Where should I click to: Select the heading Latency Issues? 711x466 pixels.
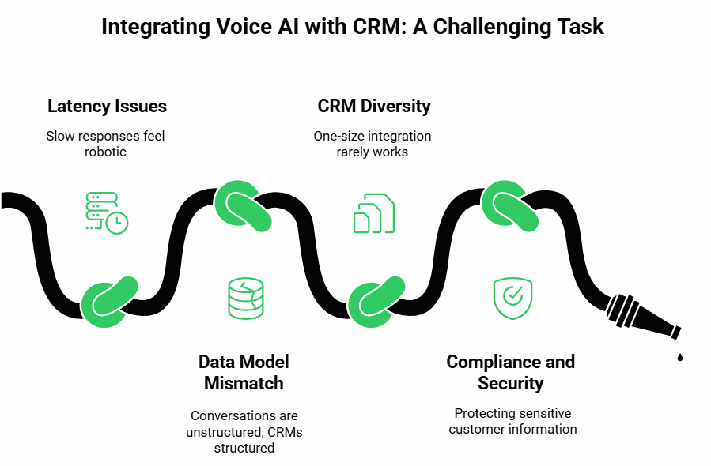pos(107,106)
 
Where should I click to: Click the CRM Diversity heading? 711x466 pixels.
pos(374,106)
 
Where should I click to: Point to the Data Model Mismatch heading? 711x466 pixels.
pos(244,372)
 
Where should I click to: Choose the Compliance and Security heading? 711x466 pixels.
pos(511,372)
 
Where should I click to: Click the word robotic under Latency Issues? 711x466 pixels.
pos(105,152)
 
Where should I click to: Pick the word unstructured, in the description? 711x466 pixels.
pos(225,432)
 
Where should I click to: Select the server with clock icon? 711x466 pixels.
pos(107,212)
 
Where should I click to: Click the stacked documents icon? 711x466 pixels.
pos(374,212)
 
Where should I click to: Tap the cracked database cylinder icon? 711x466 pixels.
pos(246,299)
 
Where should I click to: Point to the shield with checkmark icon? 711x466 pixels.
pos(512,299)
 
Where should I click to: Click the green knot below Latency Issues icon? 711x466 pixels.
pos(109,302)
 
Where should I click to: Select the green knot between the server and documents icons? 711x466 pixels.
pos(243,206)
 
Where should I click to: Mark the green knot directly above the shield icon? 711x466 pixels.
pos(509,206)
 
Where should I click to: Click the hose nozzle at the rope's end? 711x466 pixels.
pos(643,317)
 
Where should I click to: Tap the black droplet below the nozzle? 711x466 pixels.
pos(679,357)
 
